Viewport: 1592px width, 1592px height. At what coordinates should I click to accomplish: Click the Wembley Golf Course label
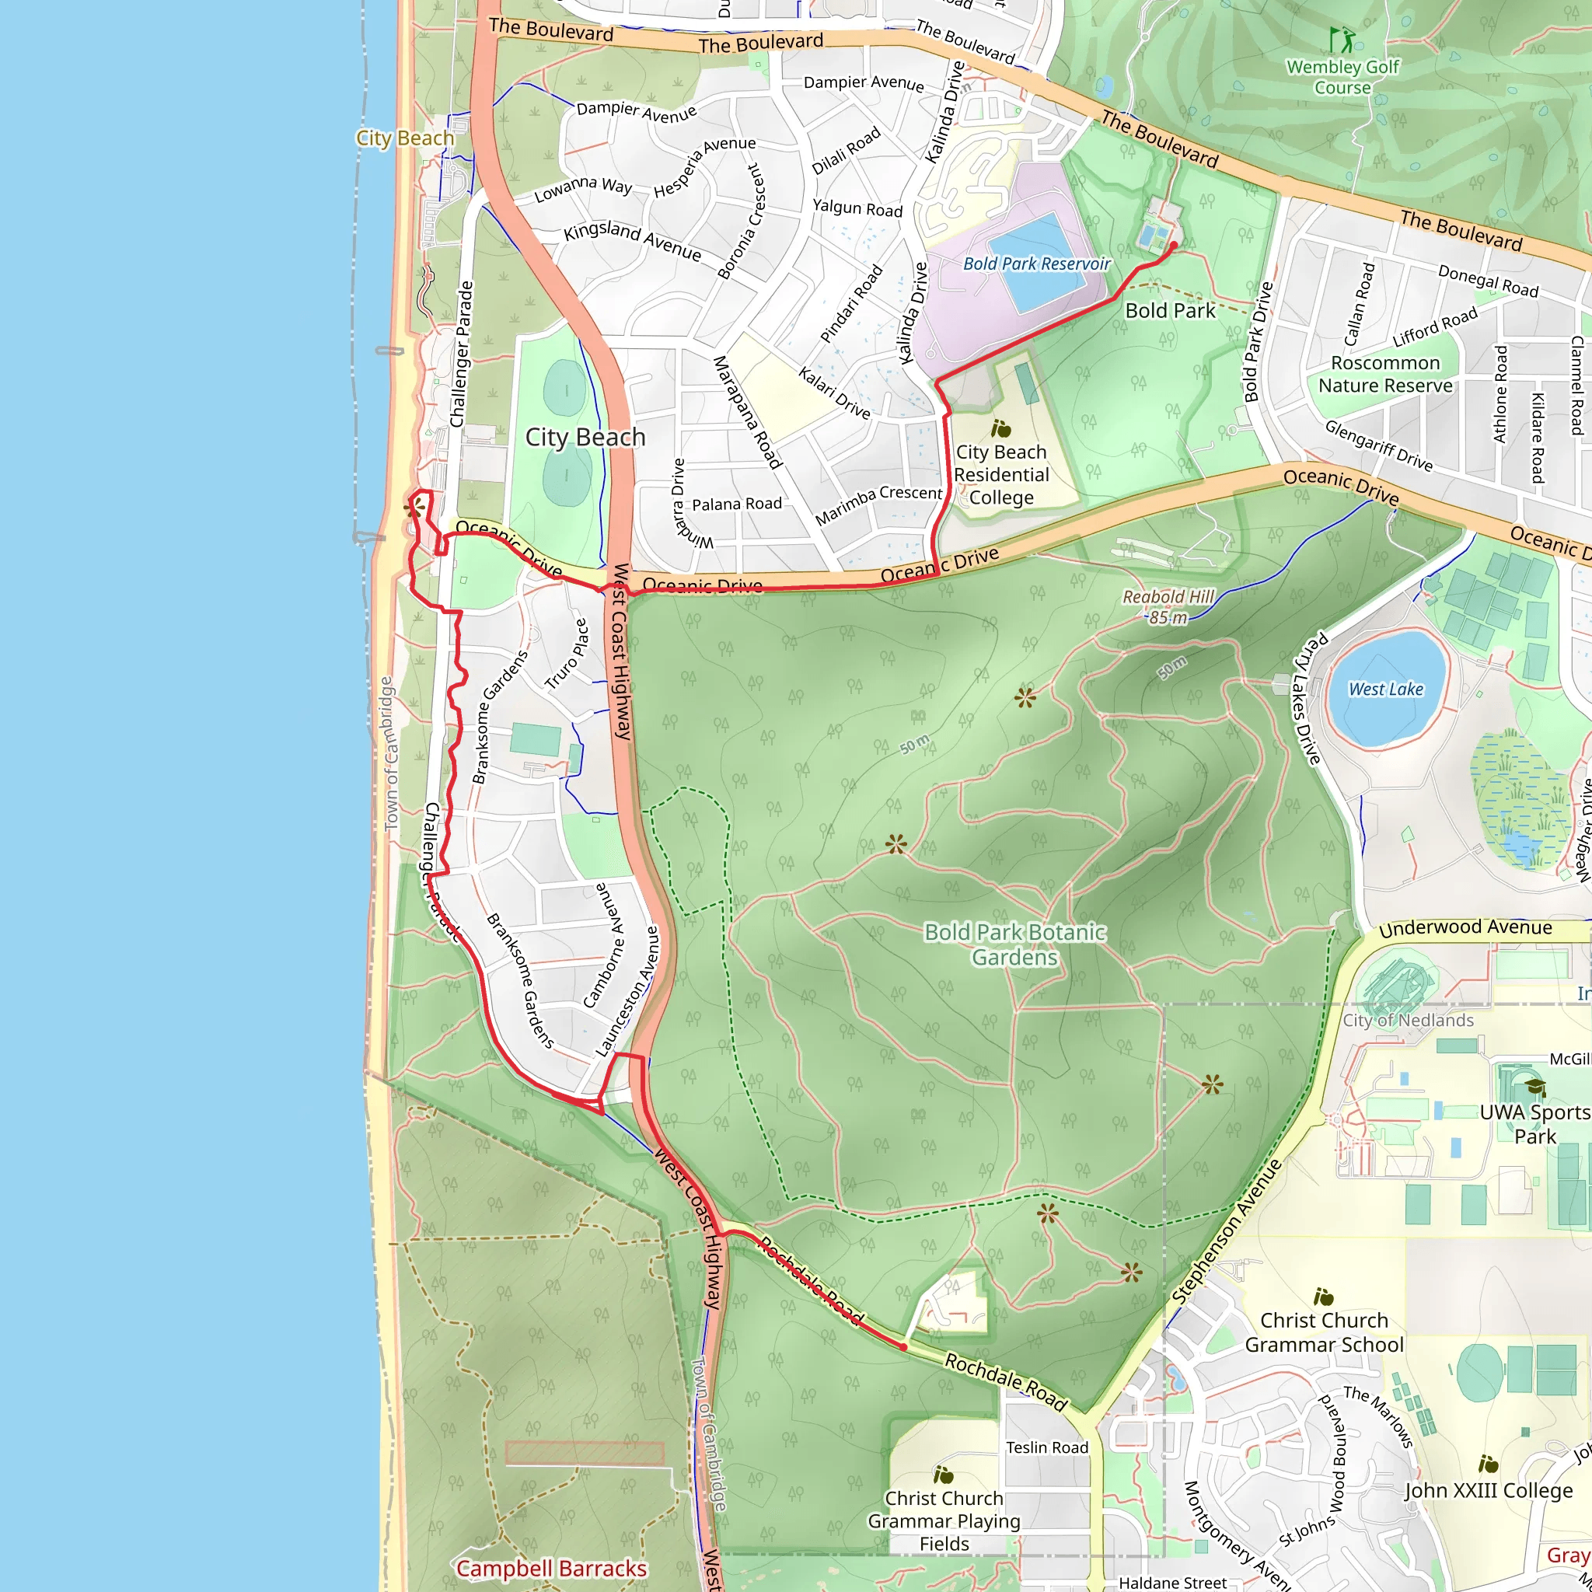1342,78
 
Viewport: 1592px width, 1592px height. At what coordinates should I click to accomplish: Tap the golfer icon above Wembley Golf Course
1341,39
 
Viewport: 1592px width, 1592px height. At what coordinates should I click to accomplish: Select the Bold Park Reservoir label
1037,264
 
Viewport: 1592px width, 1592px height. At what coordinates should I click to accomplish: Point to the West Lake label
1386,689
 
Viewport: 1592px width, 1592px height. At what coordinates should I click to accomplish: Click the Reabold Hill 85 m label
1168,606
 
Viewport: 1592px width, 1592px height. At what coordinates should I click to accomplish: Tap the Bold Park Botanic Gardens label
1014,944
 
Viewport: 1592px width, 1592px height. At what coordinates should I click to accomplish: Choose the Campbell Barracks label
551,1568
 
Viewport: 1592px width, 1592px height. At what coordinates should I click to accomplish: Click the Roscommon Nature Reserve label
1385,374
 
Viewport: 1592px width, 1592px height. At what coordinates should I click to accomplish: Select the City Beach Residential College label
1001,475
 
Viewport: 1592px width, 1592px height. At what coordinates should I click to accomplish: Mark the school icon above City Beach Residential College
1001,428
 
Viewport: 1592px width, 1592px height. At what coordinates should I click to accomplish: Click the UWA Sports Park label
1534,1123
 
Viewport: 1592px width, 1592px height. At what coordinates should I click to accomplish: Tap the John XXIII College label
1488,1490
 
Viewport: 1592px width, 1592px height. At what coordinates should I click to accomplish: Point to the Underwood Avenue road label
1465,928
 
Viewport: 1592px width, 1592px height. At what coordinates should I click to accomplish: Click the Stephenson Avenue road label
1227,1232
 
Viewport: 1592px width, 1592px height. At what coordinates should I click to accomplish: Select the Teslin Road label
1046,1447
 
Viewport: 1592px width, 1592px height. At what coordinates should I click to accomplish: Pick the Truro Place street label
567,655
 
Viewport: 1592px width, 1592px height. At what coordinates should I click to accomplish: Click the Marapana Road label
746,412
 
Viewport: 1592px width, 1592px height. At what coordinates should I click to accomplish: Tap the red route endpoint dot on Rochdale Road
903,1347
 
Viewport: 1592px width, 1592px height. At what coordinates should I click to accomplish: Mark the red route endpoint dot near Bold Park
1173,245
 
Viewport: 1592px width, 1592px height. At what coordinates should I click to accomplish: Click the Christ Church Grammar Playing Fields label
944,1520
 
